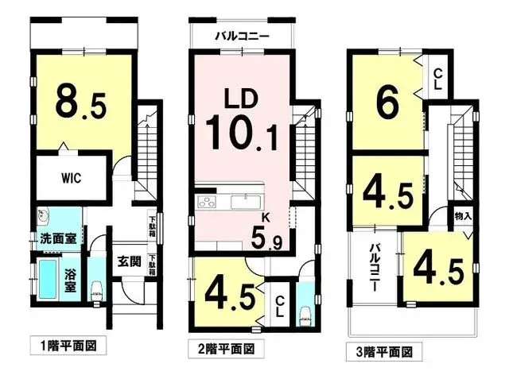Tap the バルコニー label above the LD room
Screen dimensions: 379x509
[x=242, y=37]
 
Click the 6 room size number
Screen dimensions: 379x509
[x=387, y=102]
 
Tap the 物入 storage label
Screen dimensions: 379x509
[x=464, y=215]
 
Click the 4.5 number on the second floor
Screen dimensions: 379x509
[x=231, y=294]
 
